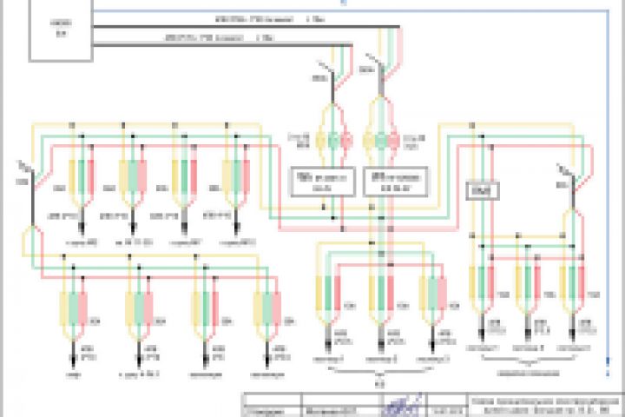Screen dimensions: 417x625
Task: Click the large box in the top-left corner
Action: click(60, 30)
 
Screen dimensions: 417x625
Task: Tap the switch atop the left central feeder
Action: click(326, 73)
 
